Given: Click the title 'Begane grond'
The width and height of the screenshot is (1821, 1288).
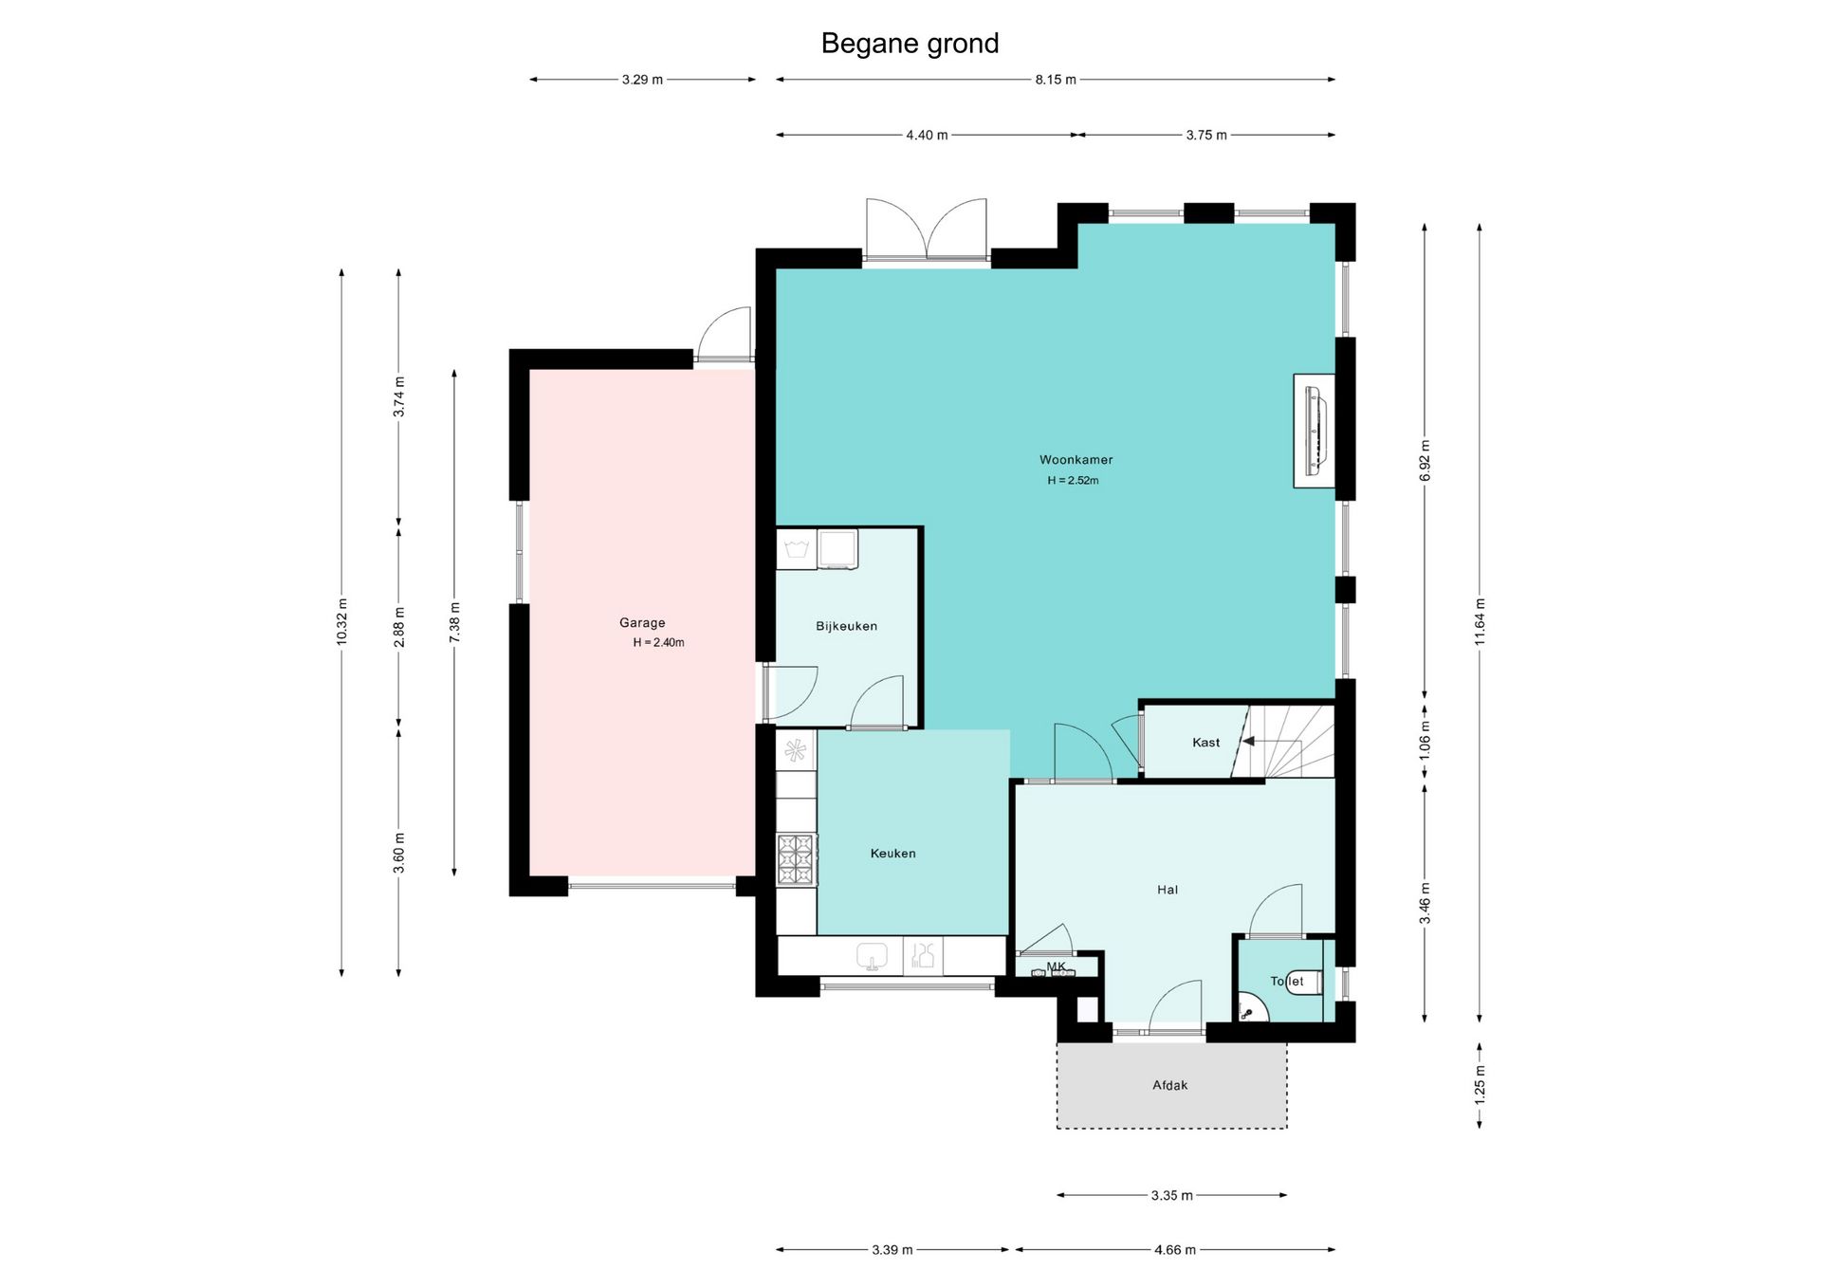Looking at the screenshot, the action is click(x=910, y=44).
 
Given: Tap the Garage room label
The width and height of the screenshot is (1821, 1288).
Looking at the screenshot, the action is click(x=642, y=623).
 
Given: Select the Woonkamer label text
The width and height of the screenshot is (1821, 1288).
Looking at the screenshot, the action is click(x=1076, y=460).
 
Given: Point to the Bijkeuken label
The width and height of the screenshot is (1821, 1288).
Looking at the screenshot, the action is click(x=846, y=626).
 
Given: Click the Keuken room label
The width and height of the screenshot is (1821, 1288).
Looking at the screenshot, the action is click(x=892, y=854).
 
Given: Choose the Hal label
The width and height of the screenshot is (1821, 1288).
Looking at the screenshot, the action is click(x=1168, y=890).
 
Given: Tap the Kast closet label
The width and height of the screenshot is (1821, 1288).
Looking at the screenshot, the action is click(x=1205, y=743).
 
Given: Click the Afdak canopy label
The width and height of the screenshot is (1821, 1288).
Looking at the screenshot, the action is click(x=1169, y=1085).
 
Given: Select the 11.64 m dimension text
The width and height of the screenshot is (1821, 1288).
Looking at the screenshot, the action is click(x=1480, y=622).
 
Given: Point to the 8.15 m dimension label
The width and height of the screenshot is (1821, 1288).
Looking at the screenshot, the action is click(x=1056, y=80).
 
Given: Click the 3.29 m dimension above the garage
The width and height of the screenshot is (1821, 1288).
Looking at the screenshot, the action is click(x=642, y=80).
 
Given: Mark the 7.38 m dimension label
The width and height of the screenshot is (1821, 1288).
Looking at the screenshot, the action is click(x=454, y=622).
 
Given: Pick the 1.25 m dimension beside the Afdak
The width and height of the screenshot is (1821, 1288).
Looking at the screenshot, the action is click(x=1480, y=1085).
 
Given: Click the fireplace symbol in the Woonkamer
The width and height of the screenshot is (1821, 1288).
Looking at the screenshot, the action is click(x=1315, y=432).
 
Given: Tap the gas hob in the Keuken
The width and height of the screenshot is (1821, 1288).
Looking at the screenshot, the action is click(x=796, y=858).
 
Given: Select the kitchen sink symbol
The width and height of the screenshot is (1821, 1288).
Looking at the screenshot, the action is click(x=872, y=956).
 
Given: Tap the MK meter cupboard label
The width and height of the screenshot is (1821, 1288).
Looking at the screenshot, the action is click(x=1056, y=966).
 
